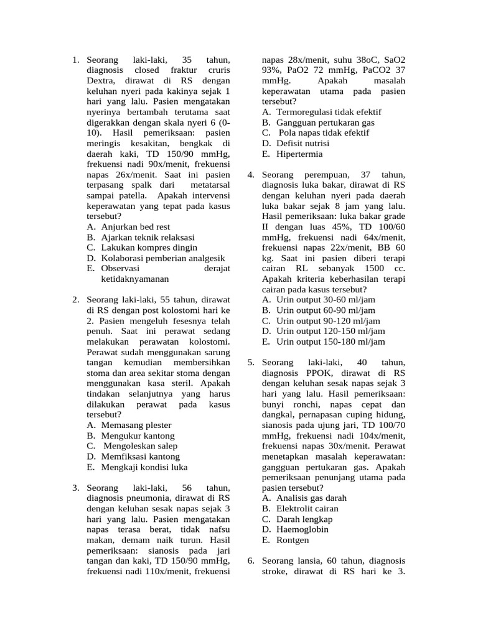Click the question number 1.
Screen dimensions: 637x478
click(75, 60)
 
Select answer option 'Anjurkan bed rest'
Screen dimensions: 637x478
click(135, 227)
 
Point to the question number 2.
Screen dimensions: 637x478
click(75, 299)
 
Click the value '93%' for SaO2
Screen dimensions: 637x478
click(272, 71)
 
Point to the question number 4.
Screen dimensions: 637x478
click(251, 175)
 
